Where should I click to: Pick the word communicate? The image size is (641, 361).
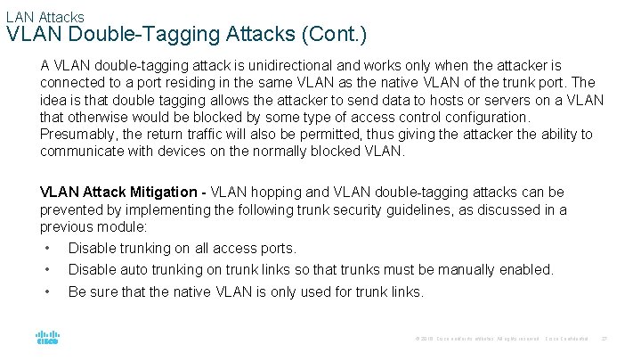point(82,152)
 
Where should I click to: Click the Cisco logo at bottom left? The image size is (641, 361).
point(47,338)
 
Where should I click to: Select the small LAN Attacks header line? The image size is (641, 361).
point(45,16)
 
